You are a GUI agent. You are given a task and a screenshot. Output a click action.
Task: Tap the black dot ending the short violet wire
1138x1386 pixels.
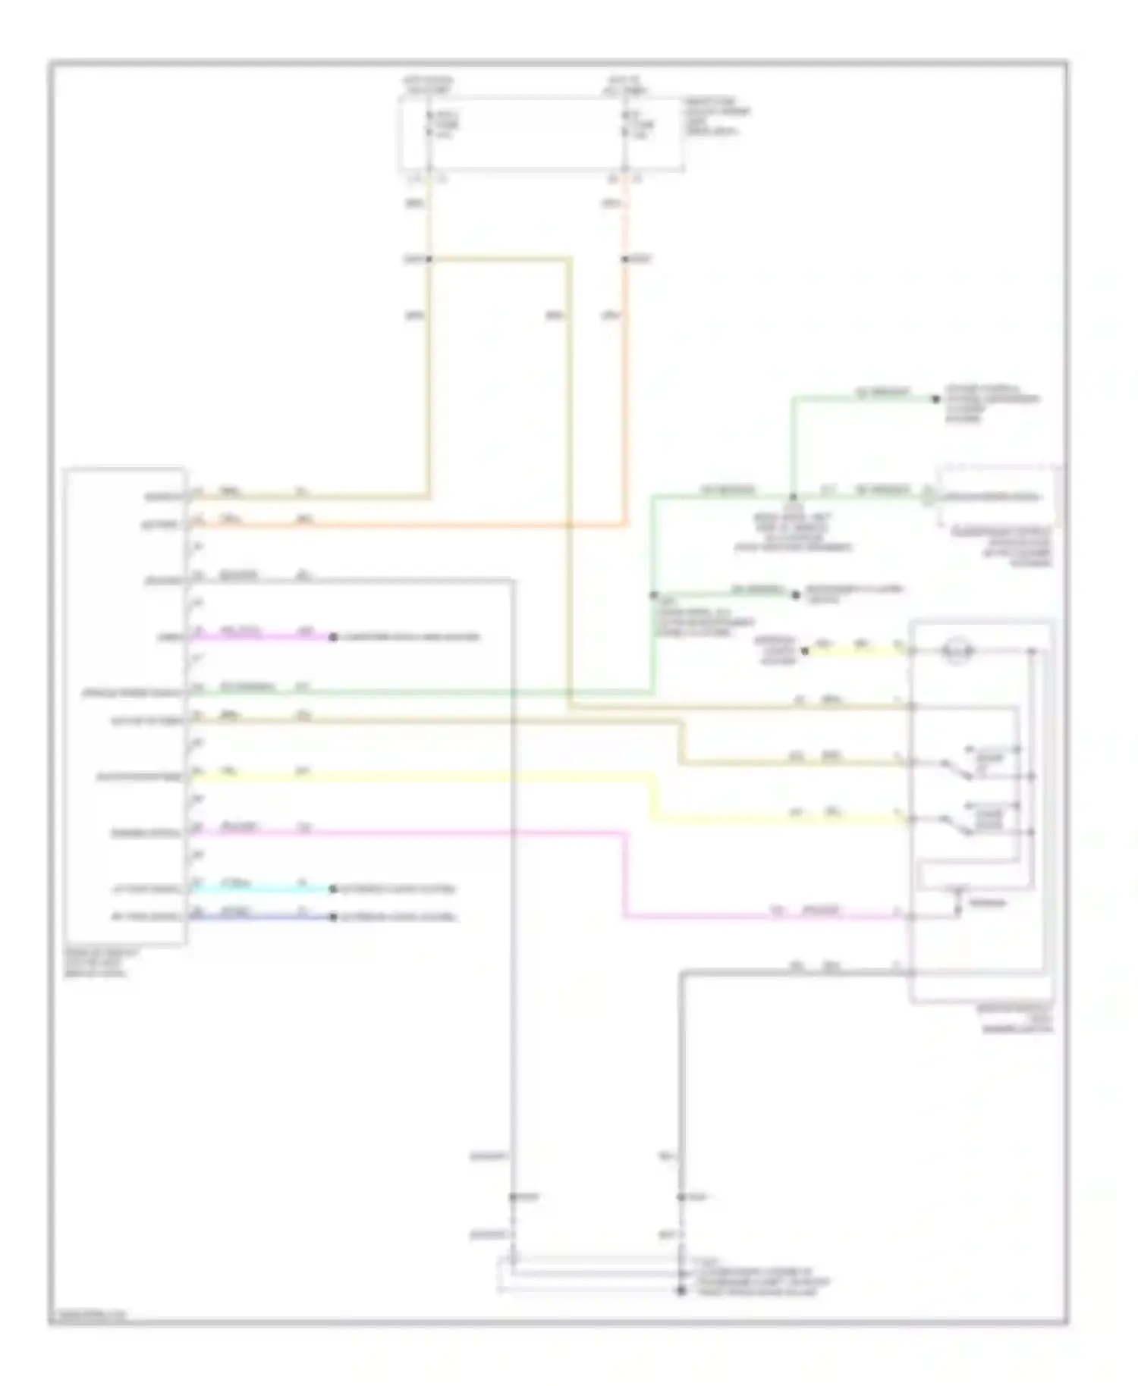(333, 637)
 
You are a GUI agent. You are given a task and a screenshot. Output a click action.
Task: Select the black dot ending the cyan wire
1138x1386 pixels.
(333, 889)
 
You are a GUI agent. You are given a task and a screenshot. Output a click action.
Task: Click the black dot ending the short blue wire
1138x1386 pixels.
(333, 917)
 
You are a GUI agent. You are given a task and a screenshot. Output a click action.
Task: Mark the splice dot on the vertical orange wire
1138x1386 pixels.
(627, 259)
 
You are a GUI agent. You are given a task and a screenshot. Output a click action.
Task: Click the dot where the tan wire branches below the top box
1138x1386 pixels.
(429, 259)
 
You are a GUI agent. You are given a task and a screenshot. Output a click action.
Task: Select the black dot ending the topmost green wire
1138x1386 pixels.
(936, 398)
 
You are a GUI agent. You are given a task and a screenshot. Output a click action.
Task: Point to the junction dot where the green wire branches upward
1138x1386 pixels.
(793, 497)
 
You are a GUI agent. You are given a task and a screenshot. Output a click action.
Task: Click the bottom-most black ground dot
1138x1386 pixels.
(681, 1290)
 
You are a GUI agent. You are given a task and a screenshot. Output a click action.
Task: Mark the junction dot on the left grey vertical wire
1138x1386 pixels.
(514, 1197)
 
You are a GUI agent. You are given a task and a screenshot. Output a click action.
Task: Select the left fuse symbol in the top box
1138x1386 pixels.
(429, 124)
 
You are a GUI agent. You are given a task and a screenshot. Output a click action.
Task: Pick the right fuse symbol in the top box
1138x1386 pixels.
(626, 124)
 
